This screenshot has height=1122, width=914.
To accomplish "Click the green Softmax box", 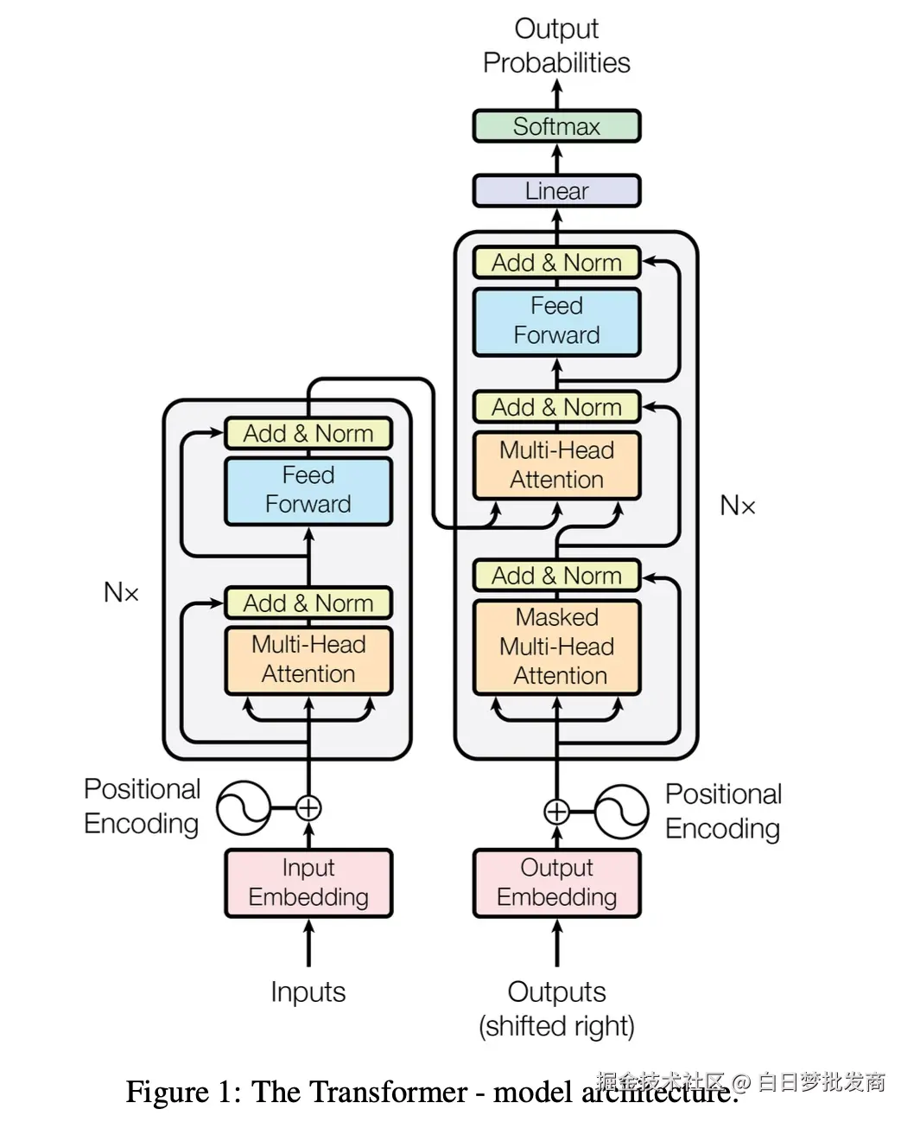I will (x=556, y=126).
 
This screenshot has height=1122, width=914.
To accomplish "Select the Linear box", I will (x=556, y=191).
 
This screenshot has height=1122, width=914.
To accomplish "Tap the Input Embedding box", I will (x=308, y=883).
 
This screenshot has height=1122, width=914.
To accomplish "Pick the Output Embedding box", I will (x=556, y=883).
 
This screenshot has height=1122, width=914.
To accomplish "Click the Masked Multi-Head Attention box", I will (x=556, y=647).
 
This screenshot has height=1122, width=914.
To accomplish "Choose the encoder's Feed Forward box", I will (x=308, y=490).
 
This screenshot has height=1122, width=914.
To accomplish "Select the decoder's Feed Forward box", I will (x=556, y=321).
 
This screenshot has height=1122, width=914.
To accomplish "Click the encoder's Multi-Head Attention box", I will (x=308, y=660).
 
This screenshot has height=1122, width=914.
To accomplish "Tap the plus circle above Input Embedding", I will (x=308, y=808).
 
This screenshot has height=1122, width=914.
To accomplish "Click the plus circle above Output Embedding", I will (x=556, y=812).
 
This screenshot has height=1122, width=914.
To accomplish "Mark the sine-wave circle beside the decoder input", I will (x=621, y=812).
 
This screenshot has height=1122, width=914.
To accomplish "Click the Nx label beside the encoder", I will (x=121, y=593).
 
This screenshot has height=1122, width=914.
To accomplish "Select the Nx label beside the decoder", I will (x=738, y=506).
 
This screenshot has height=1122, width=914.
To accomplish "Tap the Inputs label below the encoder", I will (x=308, y=991).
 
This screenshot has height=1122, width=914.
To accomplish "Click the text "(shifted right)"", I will (x=556, y=1026).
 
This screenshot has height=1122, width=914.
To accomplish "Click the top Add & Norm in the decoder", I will (x=556, y=263).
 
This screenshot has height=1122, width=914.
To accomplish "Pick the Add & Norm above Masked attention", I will (x=556, y=576).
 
